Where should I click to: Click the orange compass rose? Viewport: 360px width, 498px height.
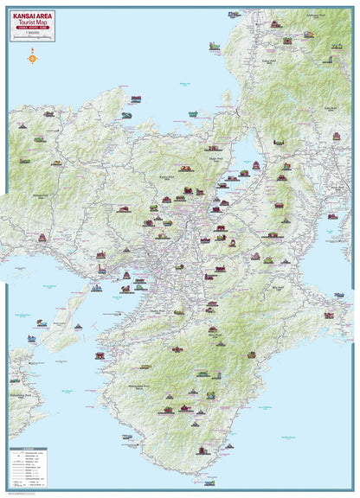[x=33, y=59]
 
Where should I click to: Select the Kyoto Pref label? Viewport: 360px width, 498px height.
[x=166, y=177]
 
